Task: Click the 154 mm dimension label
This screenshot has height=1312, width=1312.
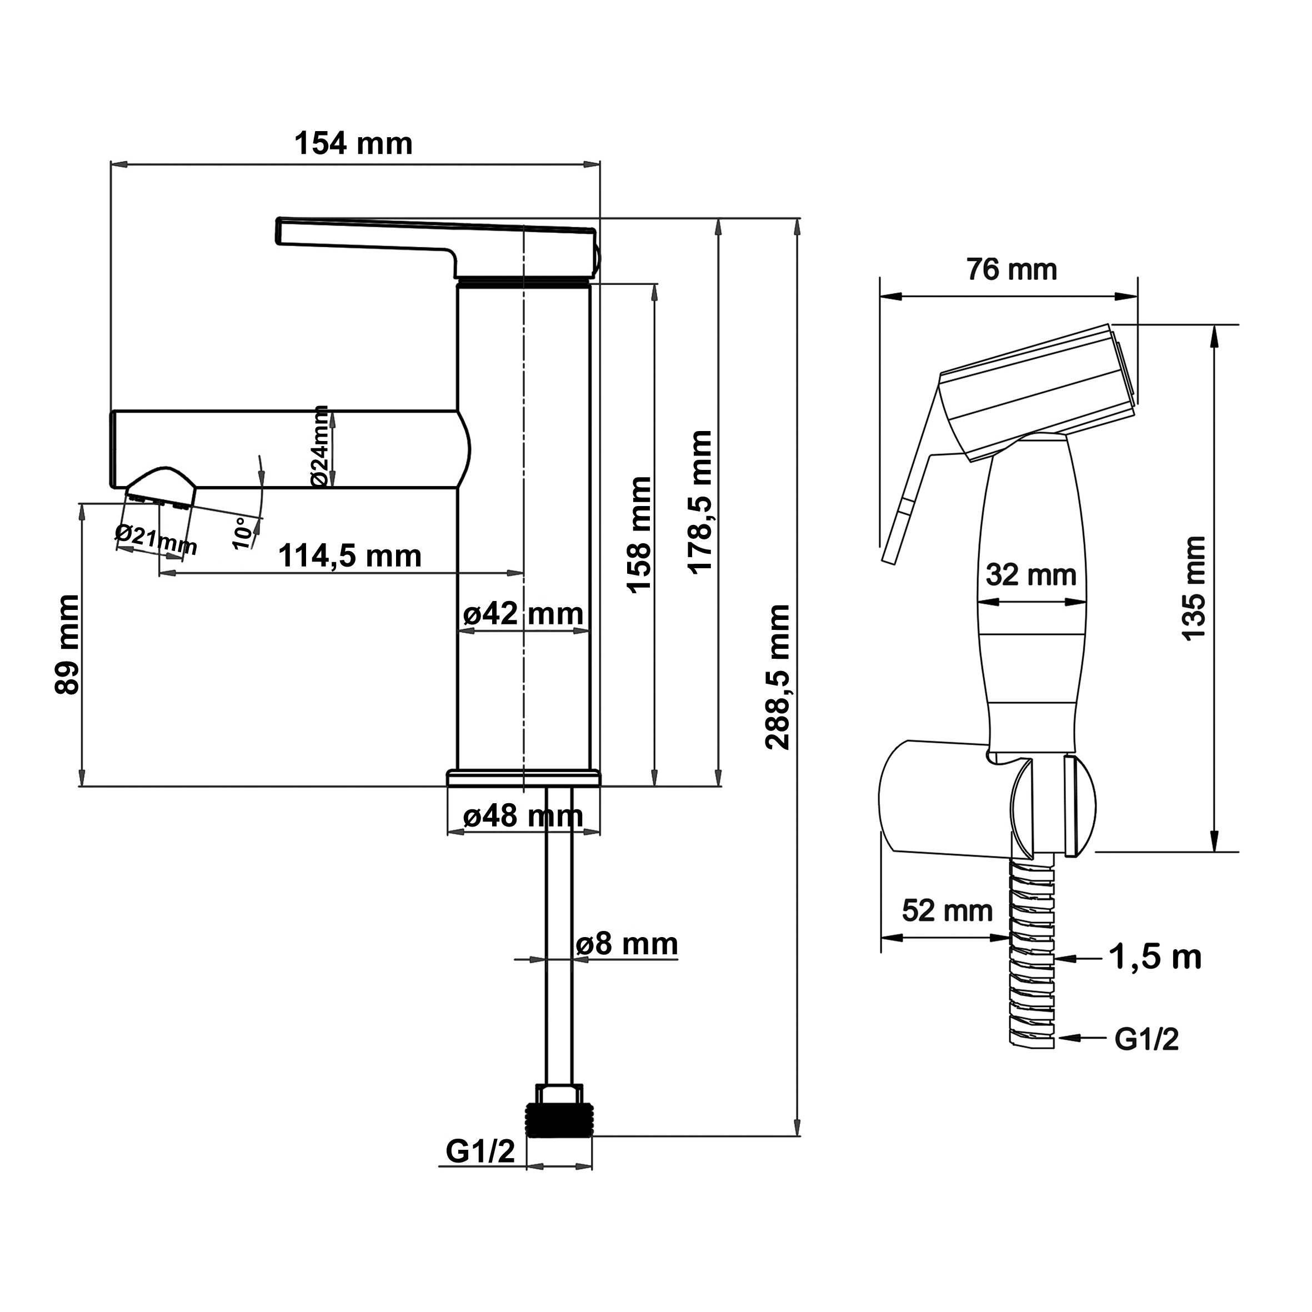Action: (353, 144)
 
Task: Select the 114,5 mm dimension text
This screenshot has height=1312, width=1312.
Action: (350, 556)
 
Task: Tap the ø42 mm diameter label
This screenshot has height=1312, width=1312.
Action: (523, 614)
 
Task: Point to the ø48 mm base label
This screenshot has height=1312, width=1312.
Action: (523, 815)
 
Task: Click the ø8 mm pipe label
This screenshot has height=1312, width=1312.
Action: (626, 944)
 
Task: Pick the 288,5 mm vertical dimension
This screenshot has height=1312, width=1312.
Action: (778, 677)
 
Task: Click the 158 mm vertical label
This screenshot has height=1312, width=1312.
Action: (640, 535)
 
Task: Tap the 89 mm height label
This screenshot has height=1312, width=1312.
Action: (67, 644)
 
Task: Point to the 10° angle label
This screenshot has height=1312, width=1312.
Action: (242, 533)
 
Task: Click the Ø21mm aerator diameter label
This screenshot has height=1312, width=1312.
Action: (156, 540)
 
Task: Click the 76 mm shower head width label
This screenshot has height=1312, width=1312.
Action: (1012, 269)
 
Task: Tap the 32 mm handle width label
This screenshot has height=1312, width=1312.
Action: (1031, 575)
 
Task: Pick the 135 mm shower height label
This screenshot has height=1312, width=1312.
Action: (1193, 588)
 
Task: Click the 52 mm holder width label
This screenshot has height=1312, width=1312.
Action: (947, 910)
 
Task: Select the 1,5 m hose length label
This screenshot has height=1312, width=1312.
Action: (1154, 958)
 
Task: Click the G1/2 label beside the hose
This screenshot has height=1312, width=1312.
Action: (1146, 1039)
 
